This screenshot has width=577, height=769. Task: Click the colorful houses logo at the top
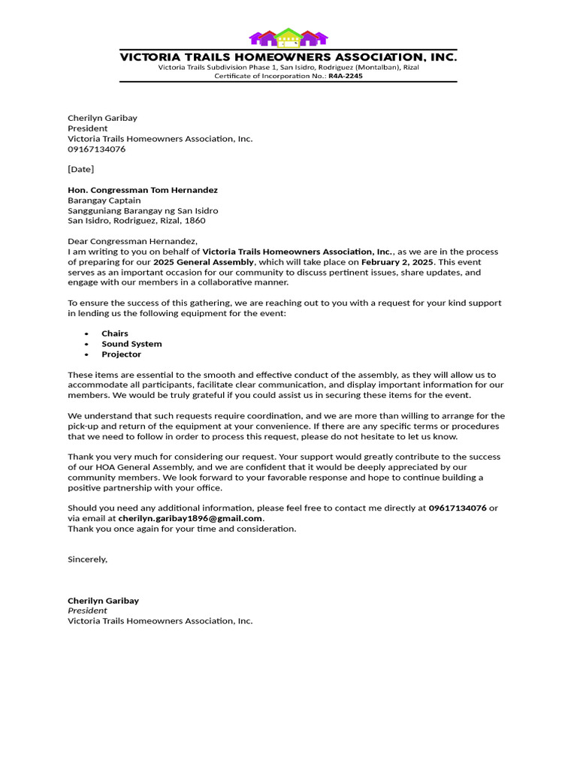(x=288, y=38)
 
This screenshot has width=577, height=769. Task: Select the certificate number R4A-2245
(x=346, y=76)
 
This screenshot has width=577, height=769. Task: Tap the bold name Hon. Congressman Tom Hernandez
(x=143, y=190)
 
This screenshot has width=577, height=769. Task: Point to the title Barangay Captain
(x=104, y=201)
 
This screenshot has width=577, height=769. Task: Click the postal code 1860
(x=195, y=221)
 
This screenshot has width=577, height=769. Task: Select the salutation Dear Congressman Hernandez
(x=132, y=241)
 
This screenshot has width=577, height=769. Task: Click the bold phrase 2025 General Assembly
(x=204, y=262)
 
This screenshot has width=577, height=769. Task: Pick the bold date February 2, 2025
(x=397, y=262)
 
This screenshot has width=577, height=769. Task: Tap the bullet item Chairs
(x=115, y=333)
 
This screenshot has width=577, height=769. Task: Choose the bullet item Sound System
(x=131, y=344)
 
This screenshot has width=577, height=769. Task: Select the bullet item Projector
(x=121, y=354)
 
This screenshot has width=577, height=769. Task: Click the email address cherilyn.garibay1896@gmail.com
(x=190, y=518)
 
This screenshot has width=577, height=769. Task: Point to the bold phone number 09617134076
(x=458, y=508)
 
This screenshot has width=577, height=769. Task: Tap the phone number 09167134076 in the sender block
(x=97, y=149)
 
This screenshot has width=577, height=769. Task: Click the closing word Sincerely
(x=87, y=559)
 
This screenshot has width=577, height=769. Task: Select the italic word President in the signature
(x=87, y=611)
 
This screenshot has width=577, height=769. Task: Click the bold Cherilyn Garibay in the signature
(x=103, y=601)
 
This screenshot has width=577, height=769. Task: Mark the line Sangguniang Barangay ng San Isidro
(x=143, y=211)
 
